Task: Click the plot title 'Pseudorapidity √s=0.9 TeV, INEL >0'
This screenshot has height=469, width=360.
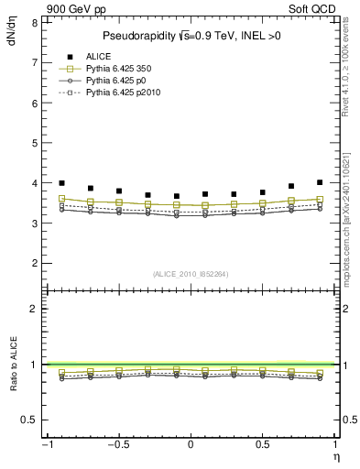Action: (190, 37)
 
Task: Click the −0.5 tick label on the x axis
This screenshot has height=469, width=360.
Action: (118, 445)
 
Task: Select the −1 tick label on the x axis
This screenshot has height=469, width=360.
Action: (46, 445)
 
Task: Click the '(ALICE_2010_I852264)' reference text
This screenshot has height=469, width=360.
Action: (190, 273)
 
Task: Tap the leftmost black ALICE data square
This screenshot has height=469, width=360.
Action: (61, 183)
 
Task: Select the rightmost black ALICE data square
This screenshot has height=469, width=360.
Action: (320, 182)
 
